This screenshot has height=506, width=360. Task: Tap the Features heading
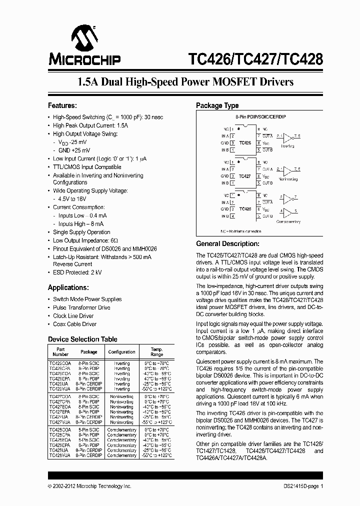62,105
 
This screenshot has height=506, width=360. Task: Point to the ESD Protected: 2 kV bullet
77,272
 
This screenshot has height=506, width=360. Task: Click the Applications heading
68,287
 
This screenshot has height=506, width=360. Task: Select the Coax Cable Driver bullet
74,324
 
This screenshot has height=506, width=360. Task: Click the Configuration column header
121,352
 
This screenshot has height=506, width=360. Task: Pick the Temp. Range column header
156,352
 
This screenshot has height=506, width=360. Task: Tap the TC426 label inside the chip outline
245,143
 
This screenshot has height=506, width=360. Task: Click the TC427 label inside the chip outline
245,176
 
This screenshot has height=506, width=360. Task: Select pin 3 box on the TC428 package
232,209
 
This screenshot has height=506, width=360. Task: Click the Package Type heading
217,105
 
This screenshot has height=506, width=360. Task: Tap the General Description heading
227,244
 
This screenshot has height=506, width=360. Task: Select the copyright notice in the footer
89,485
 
